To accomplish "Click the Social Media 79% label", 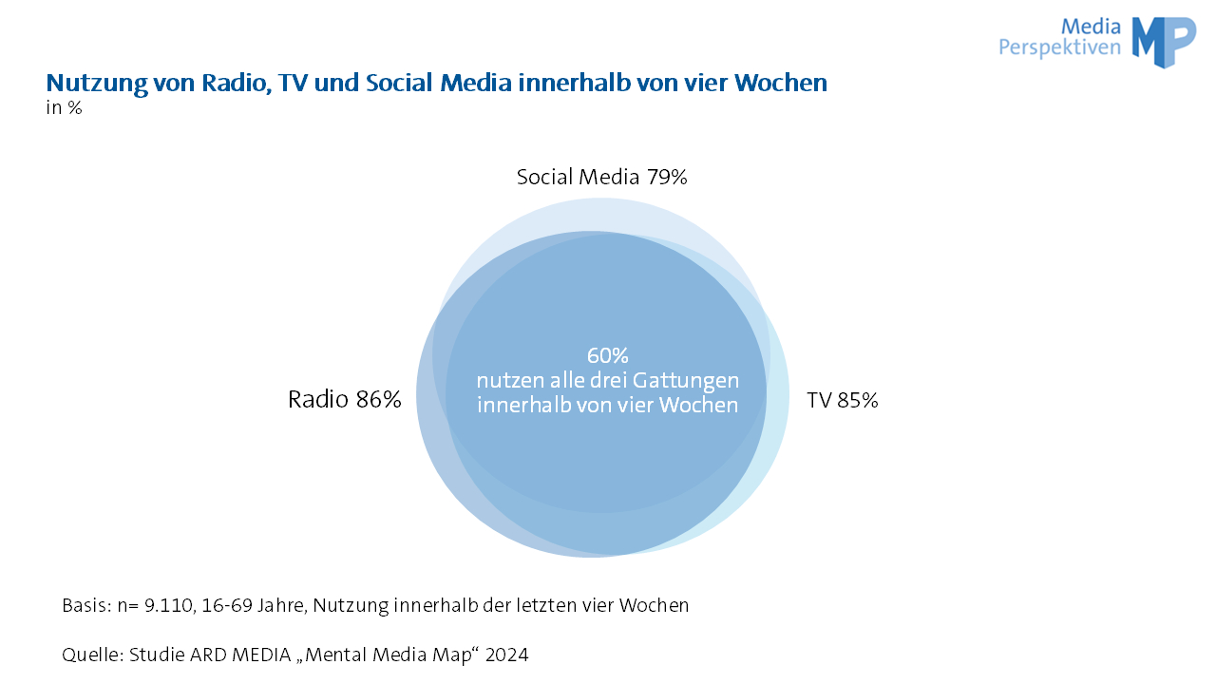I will click(601, 177).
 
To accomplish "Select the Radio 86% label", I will click(345, 400).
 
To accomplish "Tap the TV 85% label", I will click(843, 401).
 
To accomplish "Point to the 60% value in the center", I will click(608, 355).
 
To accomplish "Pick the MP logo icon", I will click(1164, 41).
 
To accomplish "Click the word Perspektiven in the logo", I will click(1059, 47).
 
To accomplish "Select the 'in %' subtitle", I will click(64, 108).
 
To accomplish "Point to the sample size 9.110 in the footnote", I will click(168, 605).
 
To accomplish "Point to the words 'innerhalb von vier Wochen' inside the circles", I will click(608, 405).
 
